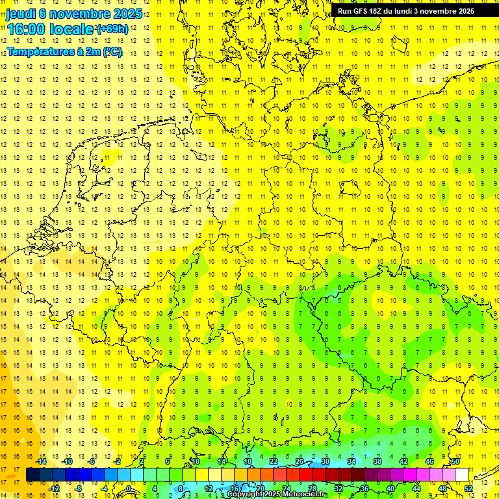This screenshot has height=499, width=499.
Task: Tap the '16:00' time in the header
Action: [x=26, y=30]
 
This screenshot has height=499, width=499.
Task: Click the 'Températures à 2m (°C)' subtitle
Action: [x=64, y=51]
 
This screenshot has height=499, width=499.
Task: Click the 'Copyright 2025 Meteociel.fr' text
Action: [x=277, y=494]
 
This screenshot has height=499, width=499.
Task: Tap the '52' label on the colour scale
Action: [x=468, y=489]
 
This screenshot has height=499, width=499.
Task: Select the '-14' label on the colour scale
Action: [x=43, y=461]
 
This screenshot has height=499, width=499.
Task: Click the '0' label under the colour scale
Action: [x=129, y=489]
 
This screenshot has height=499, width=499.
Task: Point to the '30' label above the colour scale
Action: [x=326, y=461]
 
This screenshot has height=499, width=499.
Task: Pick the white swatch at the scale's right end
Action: [x=462, y=475]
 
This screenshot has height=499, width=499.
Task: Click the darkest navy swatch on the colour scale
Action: [x=32, y=475]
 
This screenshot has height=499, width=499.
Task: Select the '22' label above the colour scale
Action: [x=274, y=461]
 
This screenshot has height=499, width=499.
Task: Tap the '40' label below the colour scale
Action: [x=390, y=489]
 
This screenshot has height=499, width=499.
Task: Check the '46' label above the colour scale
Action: [x=429, y=461]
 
